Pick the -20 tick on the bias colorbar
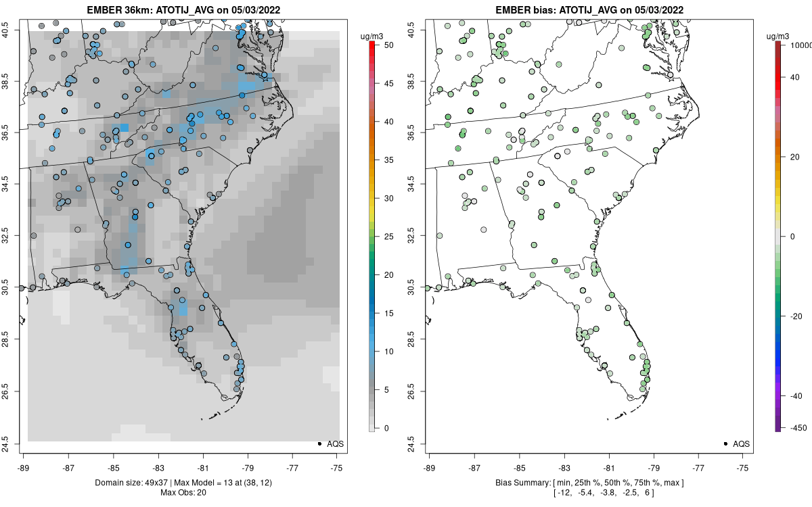click(x=794, y=316)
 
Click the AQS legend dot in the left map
click(x=319, y=443)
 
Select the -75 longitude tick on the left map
click(x=338, y=467)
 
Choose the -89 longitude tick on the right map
click(x=429, y=467)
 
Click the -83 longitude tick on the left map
click(x=158, y=467)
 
